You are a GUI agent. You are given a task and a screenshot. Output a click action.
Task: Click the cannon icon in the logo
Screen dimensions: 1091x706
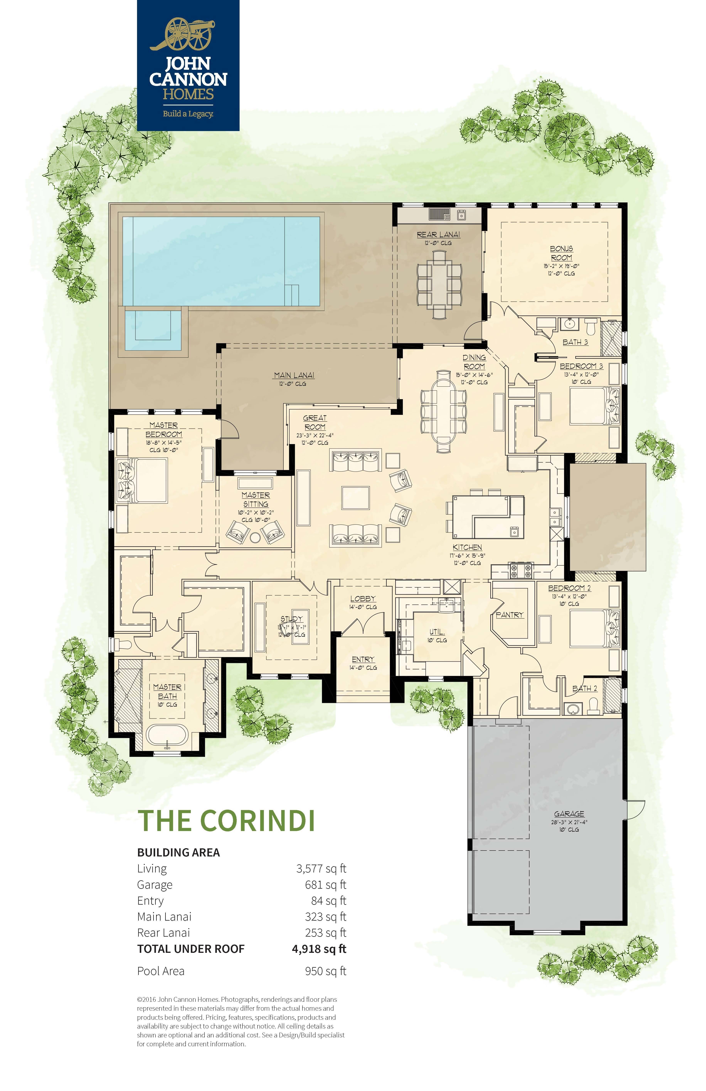pos(188,34)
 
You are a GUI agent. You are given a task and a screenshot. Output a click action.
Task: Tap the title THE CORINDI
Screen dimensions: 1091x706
pos(226,821)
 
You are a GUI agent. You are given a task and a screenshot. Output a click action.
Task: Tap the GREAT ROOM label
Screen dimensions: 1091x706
pos(315,422)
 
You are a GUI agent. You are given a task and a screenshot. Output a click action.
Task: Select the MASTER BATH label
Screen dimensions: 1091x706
pos(167,691)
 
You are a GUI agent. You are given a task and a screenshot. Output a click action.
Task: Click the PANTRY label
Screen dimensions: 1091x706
pos(509,615)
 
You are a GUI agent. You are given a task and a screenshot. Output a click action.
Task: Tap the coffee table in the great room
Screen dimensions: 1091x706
pos(355,498)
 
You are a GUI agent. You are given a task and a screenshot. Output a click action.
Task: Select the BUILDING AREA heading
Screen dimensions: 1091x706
pos(178,853)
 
